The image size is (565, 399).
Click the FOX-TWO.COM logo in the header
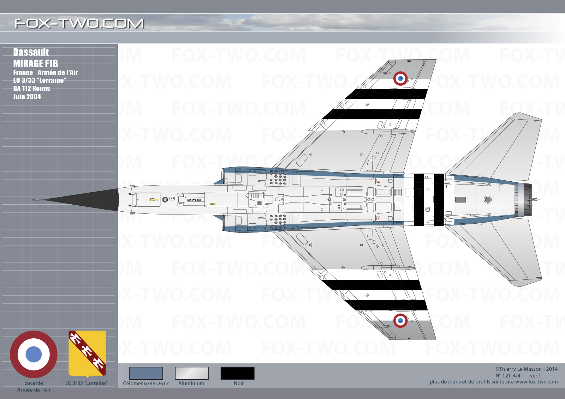(79, 23)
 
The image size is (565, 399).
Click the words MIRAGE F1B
(36, 63)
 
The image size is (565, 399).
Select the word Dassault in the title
(31, 52)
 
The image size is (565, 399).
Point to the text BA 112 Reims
(32, 89)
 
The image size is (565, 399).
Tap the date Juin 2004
(27, 97)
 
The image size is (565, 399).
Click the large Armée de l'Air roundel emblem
(34, 354)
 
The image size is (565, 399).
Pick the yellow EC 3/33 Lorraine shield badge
(87, 353)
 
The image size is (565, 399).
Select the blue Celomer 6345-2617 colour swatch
(146, 373)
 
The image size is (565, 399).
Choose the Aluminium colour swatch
(192, 373)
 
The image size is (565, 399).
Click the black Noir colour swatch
(237, 373)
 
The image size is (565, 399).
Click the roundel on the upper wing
(400, 78)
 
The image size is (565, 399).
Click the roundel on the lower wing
(400, 321)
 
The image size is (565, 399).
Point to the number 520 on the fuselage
(194, 200)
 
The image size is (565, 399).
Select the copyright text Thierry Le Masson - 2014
(526, 369)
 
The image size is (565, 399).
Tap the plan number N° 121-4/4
(508, 376)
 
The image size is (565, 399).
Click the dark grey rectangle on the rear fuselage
(460, 200)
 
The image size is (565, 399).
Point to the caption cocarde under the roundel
(34, 383)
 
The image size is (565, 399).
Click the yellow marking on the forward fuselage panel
(154, 200)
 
